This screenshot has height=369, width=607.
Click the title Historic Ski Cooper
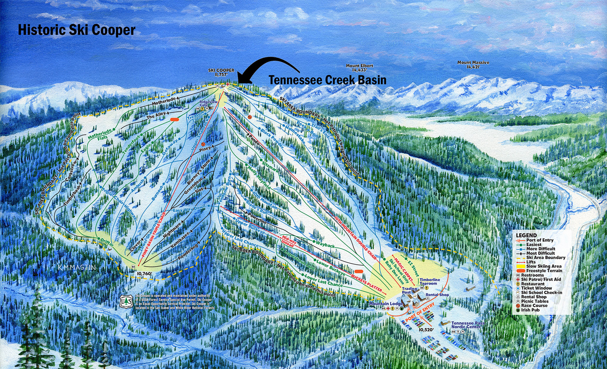[77, 30]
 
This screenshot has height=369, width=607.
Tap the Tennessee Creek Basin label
[328, 80]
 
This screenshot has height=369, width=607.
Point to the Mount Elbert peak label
[359, 68]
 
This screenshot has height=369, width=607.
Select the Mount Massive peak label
[473, 65]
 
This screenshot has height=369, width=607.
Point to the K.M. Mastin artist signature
[77, 267]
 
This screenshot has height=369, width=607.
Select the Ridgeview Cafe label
[208, 103]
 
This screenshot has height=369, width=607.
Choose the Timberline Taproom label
[430, 281]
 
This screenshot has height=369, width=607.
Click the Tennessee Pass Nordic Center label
[468, 325]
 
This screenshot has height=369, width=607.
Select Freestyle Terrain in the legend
[544, 271]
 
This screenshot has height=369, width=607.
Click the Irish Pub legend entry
[530, 310]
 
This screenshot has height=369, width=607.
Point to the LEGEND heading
[526, 235]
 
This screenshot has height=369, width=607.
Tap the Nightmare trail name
[173, 230]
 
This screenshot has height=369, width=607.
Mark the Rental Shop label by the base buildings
[437, 295]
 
